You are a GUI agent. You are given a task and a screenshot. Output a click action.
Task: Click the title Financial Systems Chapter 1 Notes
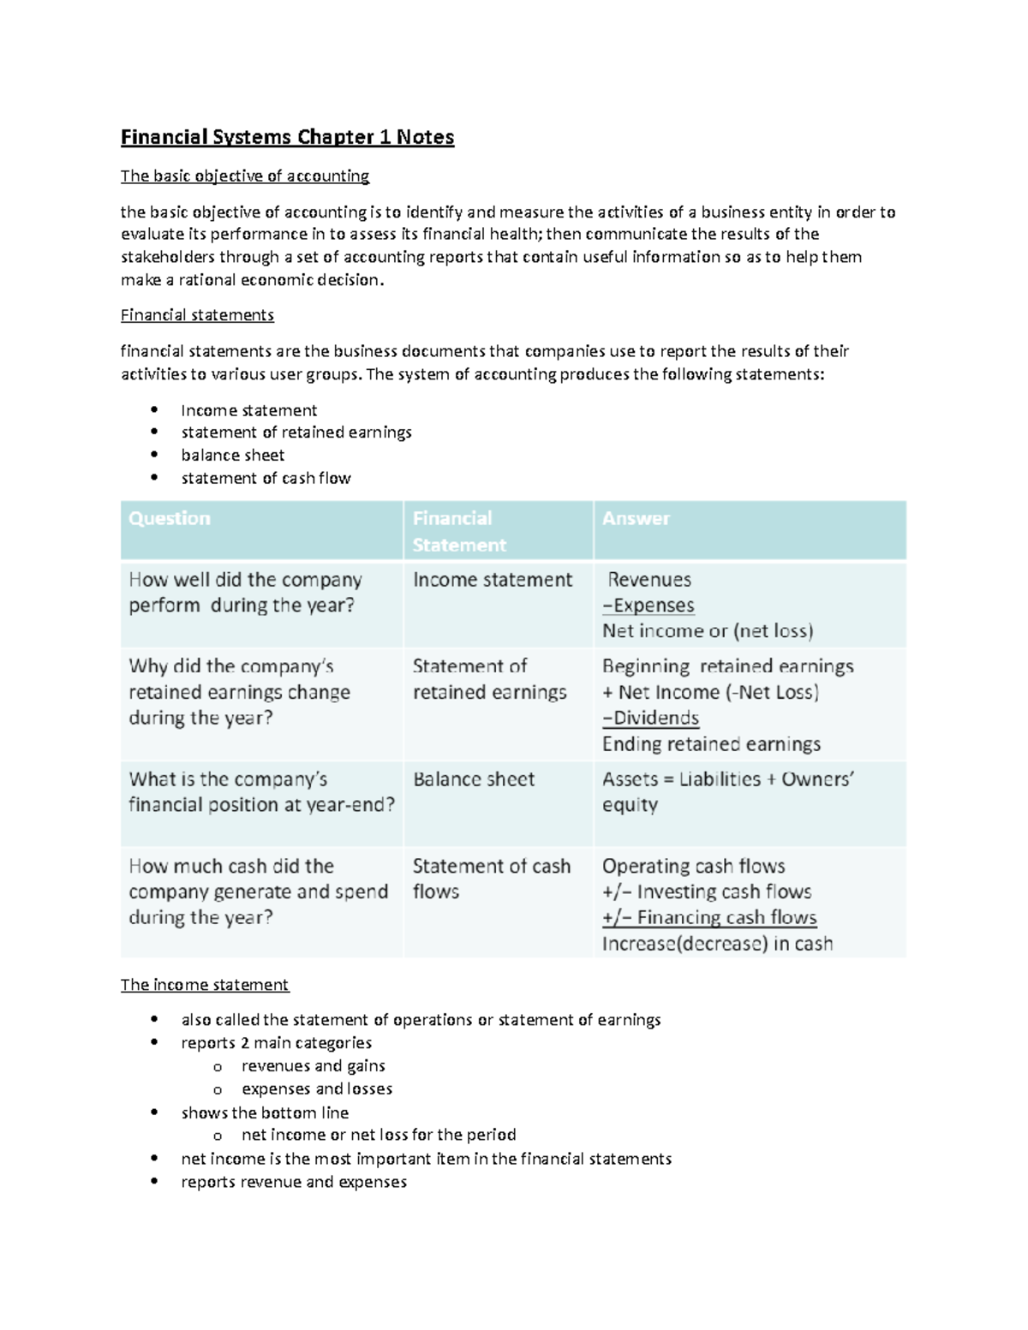coord(287,137)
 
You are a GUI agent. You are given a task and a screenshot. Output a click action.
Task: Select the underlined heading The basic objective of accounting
coord(245,176)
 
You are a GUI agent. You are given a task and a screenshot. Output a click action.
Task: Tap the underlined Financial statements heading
coord(197,315)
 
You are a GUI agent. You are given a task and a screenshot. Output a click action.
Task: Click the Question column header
coord(170,519)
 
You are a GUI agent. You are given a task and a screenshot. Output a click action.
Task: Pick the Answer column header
coord(636,519)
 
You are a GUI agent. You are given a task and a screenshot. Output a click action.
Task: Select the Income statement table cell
coord(492,580)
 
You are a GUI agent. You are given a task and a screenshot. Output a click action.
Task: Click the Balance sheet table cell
coord(473,779)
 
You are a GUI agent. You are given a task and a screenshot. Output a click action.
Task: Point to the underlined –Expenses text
coord(648,605)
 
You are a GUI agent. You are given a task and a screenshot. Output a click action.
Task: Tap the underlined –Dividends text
coord(651,718)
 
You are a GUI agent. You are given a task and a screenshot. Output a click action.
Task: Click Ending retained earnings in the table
coord(711,744)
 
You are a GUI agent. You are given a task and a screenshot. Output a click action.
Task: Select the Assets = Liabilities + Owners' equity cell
coord(727,791)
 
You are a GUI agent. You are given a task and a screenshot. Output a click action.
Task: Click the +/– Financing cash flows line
coord(709,918)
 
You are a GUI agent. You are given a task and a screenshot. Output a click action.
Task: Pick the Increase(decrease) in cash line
coord(717,944)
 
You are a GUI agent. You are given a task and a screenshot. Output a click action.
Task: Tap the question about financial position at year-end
coord(261,792)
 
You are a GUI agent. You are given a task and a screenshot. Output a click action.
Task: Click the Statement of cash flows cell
coord(491,879)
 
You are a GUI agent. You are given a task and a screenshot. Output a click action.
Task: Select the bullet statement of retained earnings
coord(296,432)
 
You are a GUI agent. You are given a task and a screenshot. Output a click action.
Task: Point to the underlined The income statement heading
coord(205,985)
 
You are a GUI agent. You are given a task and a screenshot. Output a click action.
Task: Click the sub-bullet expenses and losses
coord(317,1089)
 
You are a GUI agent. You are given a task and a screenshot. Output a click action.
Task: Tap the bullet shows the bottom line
coord(265,1112)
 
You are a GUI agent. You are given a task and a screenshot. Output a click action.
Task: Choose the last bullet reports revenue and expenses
coord(294,1182)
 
